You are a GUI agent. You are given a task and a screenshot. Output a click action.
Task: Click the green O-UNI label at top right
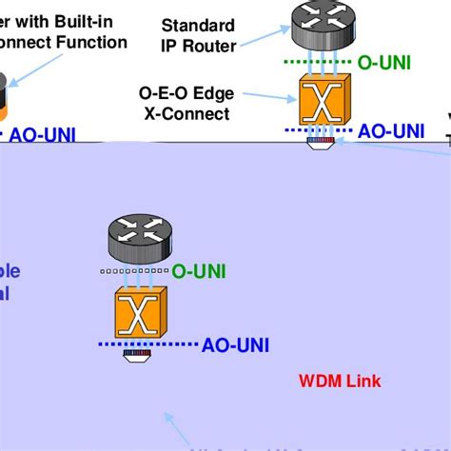pos(384,64)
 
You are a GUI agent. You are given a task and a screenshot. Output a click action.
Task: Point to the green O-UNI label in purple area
pos(198,271)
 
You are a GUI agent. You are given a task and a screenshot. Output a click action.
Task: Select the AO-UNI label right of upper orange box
pos(391,131)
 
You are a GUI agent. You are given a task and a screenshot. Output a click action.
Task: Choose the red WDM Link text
pos(340,382)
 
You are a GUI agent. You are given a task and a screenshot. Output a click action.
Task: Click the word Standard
pos(198,25)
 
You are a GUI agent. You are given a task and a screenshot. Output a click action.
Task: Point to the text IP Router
pos(199,46)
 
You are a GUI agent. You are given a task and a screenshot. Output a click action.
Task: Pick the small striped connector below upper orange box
pos(321,141)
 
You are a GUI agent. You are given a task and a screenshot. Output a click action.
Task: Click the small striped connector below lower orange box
pos(137,356)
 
